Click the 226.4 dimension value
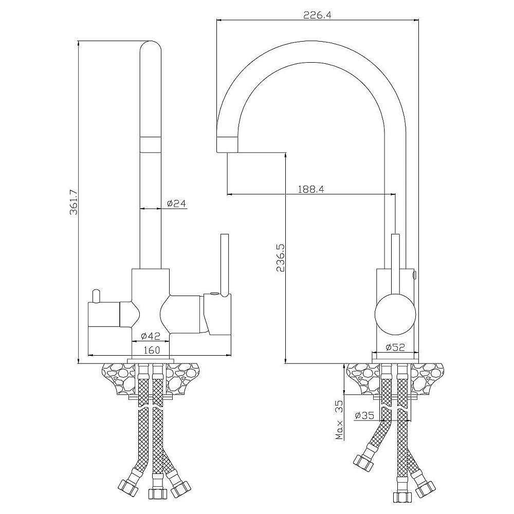pyautogui.click(x=317, y=15)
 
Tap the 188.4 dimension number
pyautogui.click(x=311, y=189)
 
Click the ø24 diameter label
pyautogui.click(x=176, y=204)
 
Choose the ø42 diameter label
pyautogui.click(x=151, y=336)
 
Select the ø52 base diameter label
pyautogui.click(x=395, y=347)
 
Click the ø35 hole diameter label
pyautogui.click(x=364, y=415)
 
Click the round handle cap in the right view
pyautogui.click(x=395, y=314)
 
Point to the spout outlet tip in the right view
pyautogui.click(x=227, y=145)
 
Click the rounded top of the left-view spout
pyautogui.click(x=151, y=49)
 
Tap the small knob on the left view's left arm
pyautogui.click(x=96, y=296)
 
